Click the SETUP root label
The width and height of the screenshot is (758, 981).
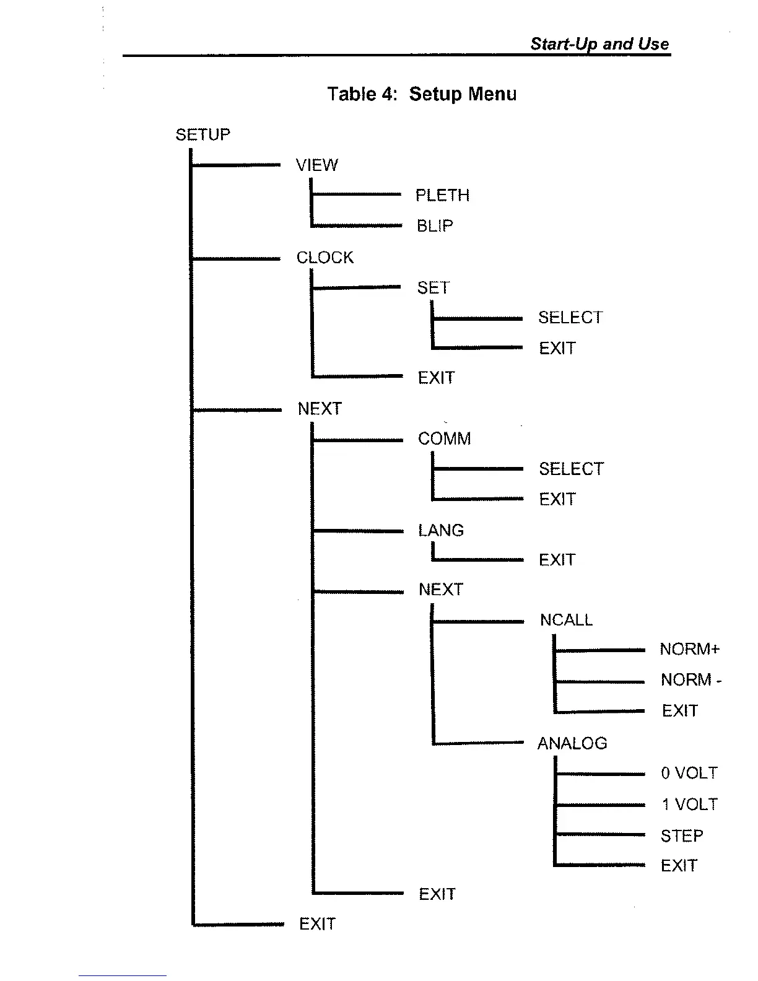tap(203, 135)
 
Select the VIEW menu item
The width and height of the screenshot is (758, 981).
tap(317, 165)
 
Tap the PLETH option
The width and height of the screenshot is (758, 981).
tap(442, 196)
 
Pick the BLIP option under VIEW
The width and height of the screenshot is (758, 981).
tap(435, 226)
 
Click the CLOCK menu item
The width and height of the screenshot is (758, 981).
tap(325, 258)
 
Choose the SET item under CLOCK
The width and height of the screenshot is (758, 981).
tap(433, 288)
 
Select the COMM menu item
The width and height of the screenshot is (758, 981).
tap(444, 439)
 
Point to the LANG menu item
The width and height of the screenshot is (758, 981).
tap(441, 531)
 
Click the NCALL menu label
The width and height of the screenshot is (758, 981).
tap(566, 620)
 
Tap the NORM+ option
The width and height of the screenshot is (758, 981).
tap(690, 650)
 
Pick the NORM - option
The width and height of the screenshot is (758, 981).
tap(691, 680)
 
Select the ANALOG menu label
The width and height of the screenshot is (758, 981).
tap(572, 743)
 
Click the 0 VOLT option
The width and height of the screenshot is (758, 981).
tap(689, 774)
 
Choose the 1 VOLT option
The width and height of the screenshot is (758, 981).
tap(689, 804)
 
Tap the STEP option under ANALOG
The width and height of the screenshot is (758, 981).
tap(682, 836)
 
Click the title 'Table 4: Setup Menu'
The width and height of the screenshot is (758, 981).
tap(422, 94)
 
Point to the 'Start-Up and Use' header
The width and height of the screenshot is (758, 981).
tap(599, 44)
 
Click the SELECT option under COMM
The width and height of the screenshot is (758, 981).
tap(571, 469)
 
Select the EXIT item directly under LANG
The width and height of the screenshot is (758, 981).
tap(557, 560)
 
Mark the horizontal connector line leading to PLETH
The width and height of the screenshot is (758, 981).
tap(356, 194)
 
